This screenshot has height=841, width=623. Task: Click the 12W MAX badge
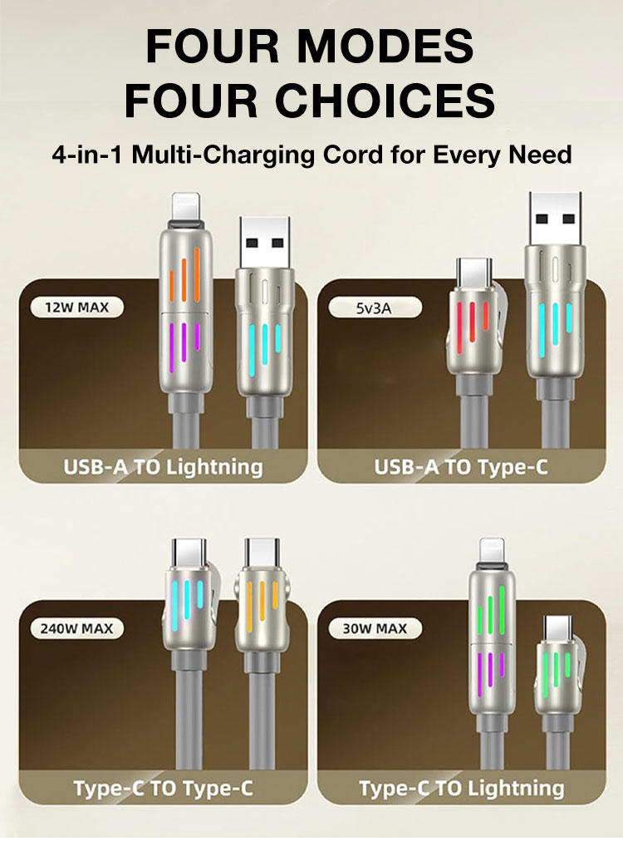click(x=76, y=307)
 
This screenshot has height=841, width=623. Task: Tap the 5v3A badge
click(x=375, y=307)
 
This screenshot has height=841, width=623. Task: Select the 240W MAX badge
click(x=76, y=628)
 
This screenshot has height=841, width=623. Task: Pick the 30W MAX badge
click(x=375, y=628)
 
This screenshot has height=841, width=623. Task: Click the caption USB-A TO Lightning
click(x=163, y=467)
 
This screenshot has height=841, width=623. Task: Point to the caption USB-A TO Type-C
click(x=461, y=467)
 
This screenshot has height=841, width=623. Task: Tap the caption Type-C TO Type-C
click(x=163, y=789)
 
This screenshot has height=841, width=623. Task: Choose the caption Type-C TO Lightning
click(x=461, y=789)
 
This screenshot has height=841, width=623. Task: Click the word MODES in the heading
click(x=385, y=47)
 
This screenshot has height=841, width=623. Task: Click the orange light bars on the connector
click(x=185, y=274)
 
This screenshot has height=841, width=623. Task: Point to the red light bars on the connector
click(x=471, y=322)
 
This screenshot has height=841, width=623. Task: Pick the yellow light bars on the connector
click(x=262, y=599)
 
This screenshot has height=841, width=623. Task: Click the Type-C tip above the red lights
click(x=473, y=273)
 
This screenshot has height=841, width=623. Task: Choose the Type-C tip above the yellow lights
click(x=262, y=554)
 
